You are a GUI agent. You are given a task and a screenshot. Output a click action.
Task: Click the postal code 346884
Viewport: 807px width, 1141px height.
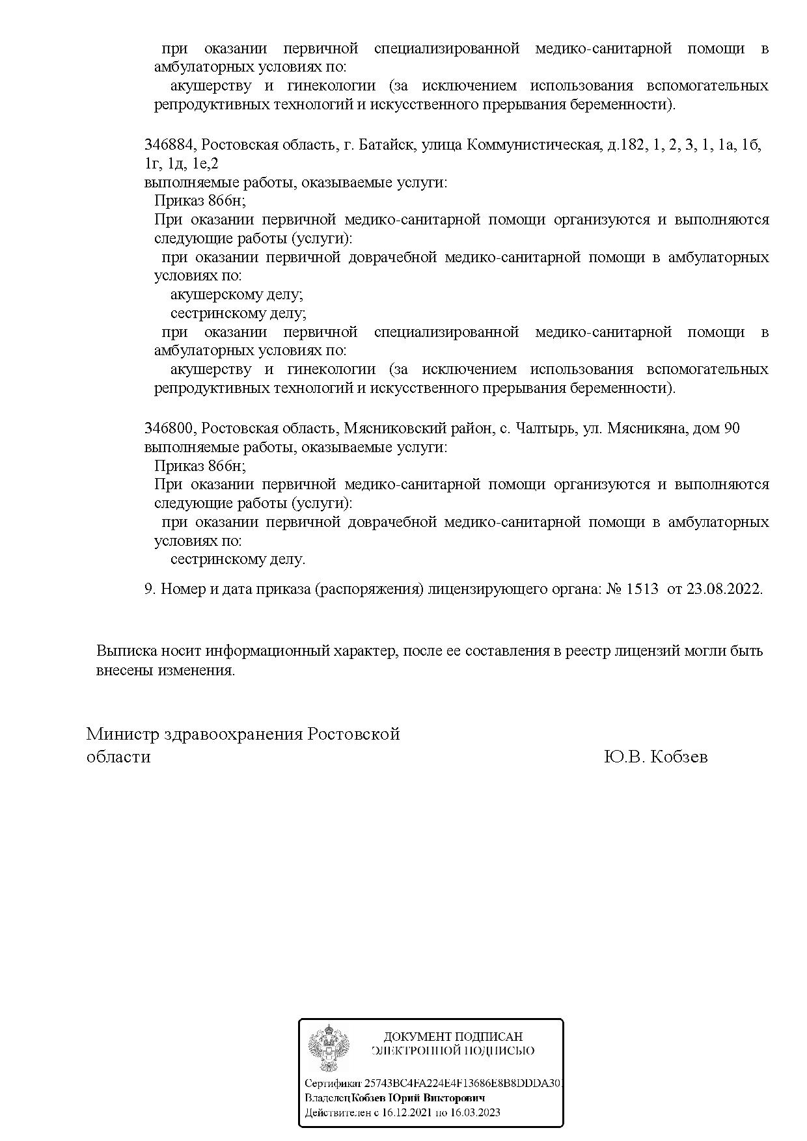coord(169,145)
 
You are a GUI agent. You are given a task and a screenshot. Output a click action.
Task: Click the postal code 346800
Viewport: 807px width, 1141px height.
coord(169,429)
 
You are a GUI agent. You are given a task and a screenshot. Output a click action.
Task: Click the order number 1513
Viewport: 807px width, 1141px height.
coord(642,589)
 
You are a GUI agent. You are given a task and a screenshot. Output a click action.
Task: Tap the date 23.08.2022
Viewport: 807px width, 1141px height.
coord(724,589)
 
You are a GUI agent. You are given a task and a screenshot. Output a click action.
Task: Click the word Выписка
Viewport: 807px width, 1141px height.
coord(122,651)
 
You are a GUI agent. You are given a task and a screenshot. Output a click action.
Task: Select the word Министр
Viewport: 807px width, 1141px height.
coord(123,734)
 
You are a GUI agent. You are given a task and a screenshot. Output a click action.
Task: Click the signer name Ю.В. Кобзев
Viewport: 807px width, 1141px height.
coord(655,757)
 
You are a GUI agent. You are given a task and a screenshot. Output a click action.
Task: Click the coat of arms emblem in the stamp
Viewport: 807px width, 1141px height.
coord(329,1048)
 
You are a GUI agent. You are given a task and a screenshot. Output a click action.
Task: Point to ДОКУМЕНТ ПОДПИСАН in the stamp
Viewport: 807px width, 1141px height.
coord(453,1037)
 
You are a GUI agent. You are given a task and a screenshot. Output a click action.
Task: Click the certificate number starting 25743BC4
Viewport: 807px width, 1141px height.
coord(463,1084)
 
